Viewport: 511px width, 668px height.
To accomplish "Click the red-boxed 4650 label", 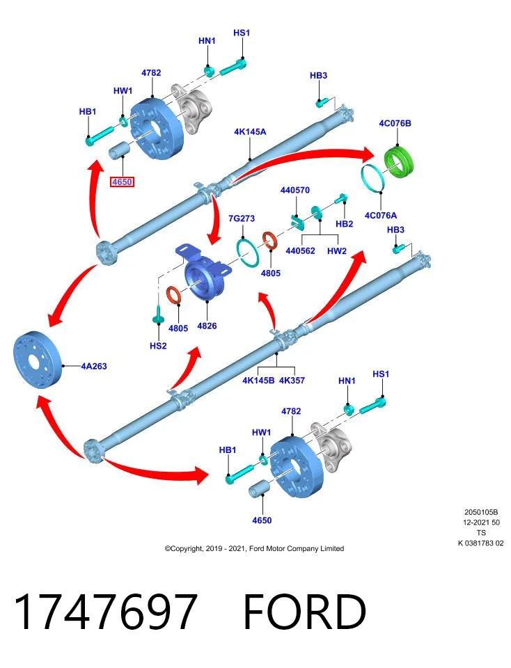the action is click(122, 182).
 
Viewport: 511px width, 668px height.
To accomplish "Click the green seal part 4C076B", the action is click(400, 161).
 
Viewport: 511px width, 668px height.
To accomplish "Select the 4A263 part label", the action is click(94, 366).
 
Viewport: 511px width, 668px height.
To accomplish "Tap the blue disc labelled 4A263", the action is click(38, 360).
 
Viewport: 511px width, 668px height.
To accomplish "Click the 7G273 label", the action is click(242, 218).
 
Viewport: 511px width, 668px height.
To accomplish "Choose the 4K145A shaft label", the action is click(250, 132).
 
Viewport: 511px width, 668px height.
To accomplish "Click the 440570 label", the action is click(295, 190).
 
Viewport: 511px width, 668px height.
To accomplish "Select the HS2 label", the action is click(158, 346).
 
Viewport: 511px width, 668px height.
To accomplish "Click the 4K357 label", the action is click(292, 380).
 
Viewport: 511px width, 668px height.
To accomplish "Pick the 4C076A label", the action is click(381, 215).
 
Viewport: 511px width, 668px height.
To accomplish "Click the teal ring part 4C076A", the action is click(374, 178).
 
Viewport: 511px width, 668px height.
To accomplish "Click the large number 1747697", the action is click(106, 612).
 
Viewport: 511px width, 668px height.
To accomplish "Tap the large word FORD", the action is click(305, 612).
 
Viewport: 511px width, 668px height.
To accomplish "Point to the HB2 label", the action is click(345, 223).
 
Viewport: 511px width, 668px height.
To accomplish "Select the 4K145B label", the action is click(258, 380).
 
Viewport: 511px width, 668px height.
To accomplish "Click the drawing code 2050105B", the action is click(481, 512).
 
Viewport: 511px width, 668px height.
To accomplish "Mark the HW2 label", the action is click(337, 251).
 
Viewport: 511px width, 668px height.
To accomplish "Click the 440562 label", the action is click(301, 251).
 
